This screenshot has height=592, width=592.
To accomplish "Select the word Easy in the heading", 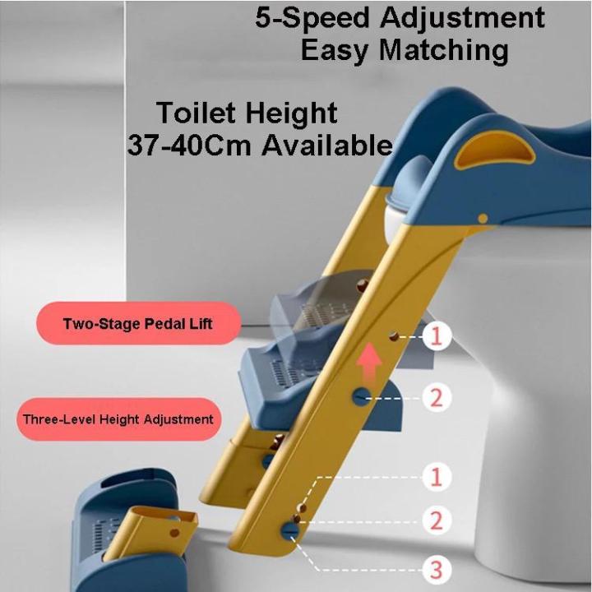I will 333,51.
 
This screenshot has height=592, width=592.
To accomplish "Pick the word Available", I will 326,146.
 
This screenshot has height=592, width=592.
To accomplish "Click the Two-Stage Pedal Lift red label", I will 137,323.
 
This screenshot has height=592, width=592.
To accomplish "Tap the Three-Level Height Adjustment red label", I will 118,419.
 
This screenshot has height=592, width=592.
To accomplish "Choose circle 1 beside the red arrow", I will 437,335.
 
